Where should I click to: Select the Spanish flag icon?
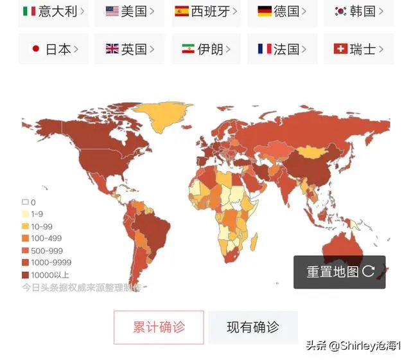coord(182,11)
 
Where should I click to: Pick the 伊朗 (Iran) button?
coord(206,50)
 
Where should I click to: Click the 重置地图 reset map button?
coord(340,271)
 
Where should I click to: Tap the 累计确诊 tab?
coord(159,327)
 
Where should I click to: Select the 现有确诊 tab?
coord(252,327)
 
